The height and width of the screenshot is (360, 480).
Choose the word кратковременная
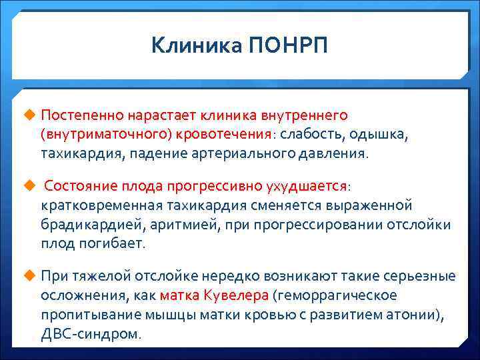pos(106,205)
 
